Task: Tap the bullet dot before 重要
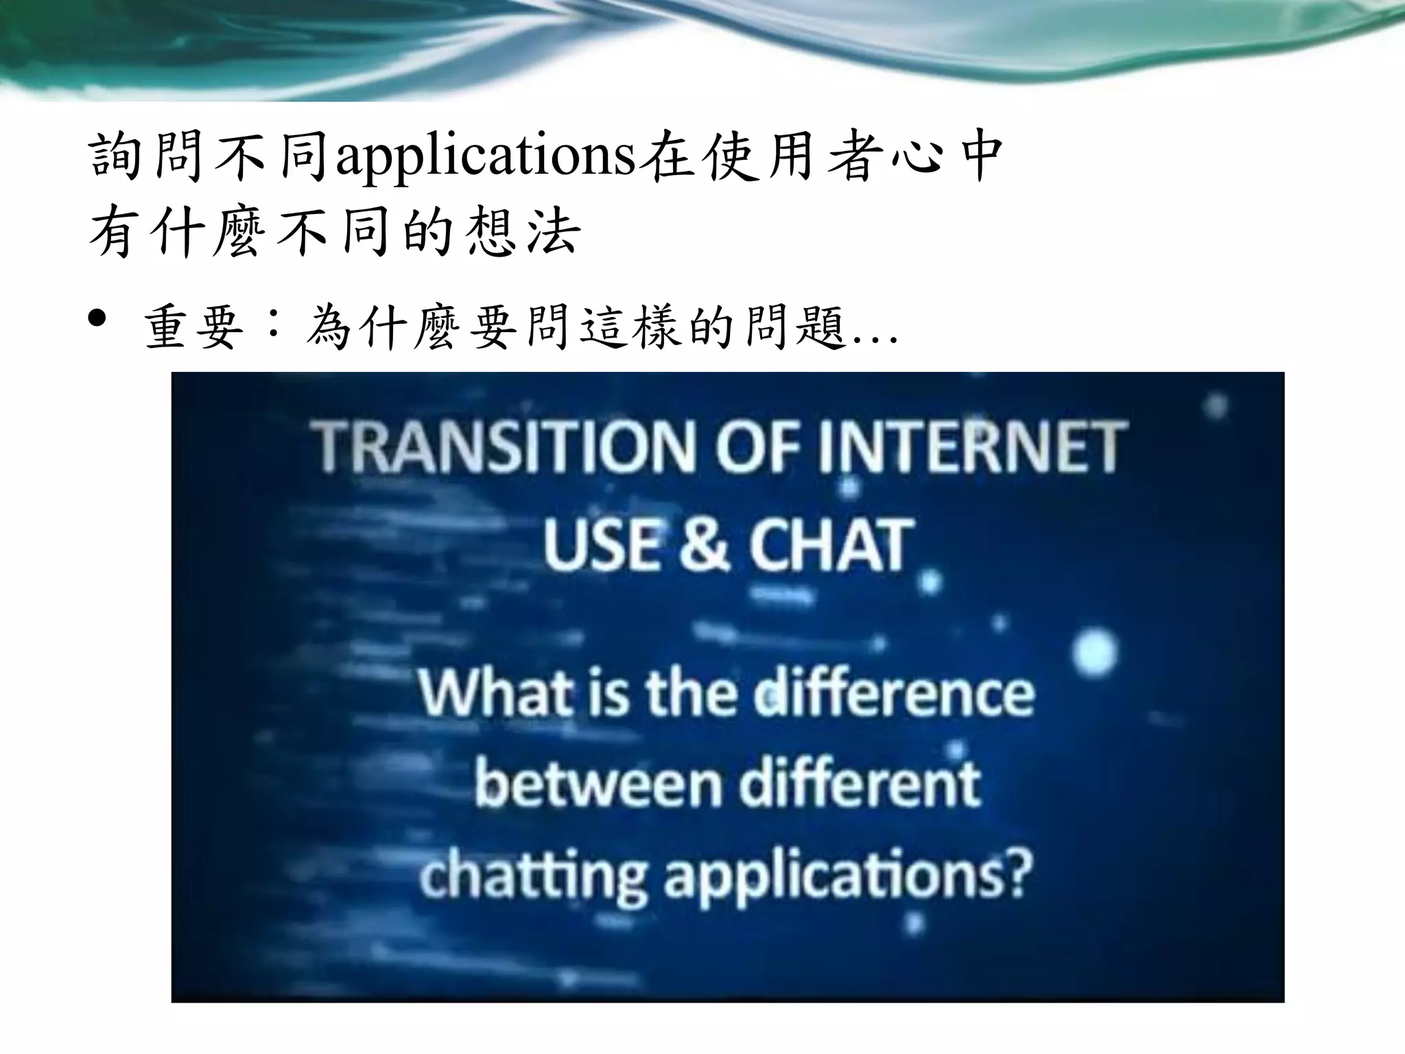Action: tap(98, 319)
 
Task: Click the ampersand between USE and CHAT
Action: tap(705, 546)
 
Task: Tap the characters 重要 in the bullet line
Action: tap(195, 328)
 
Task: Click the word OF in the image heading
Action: tap(757, 447)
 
